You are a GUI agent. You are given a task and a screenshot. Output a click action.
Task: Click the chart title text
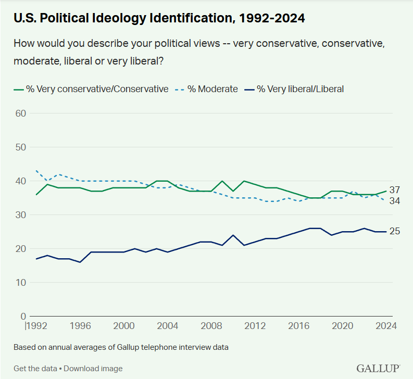click(x=159, y=18)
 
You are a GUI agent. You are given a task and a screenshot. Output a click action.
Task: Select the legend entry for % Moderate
click(x=207, y=89)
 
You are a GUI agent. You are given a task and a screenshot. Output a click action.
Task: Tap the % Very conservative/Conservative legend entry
click(x=91, y=89)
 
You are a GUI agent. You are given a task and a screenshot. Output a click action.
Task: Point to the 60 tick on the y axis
click(x=20, y=113)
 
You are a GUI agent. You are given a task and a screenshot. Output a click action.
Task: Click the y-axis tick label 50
click(x=20, y=147)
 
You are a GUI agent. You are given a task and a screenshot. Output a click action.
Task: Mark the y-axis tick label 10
click(x=20, y=282)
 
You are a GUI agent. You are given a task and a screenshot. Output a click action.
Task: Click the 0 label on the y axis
click(x=23, y=316)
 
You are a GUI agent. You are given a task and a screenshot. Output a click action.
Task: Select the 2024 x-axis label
click(x=386, y=326)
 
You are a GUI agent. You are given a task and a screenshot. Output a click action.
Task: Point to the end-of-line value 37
click(x=394, y=190)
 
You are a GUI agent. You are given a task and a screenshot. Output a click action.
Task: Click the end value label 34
click(x=394, y=201)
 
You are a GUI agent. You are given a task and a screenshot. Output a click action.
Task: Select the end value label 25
click(x=394, y=231)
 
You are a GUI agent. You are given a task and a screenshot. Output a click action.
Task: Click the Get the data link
click(x=35, y=369)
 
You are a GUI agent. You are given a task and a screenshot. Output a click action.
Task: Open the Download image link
click(x=93, y=369)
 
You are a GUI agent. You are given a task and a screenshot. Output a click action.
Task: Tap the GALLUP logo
click(x=378, y=368)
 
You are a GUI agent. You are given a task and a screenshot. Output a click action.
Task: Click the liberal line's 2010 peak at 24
click(x=233, y=235)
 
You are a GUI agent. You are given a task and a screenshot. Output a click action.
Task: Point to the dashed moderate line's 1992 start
click(x=37, y=171)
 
